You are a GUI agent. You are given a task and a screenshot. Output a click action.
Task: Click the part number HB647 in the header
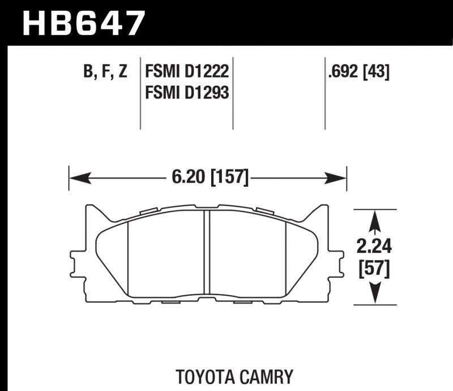pos(83,23)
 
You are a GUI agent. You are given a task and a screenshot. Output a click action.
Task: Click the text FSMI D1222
pos(187,73)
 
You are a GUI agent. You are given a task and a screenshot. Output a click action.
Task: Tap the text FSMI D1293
pos(187,91)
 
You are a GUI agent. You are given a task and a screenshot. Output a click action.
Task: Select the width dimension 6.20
pos(189,177)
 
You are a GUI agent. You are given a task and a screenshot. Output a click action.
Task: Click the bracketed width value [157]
pos(229,177)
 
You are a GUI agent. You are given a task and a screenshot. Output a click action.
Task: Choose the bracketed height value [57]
pos(374,269)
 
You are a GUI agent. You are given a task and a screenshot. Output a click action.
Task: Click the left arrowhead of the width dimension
pos(76,177)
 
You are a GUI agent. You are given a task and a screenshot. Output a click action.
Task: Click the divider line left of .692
pos(325,93)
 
